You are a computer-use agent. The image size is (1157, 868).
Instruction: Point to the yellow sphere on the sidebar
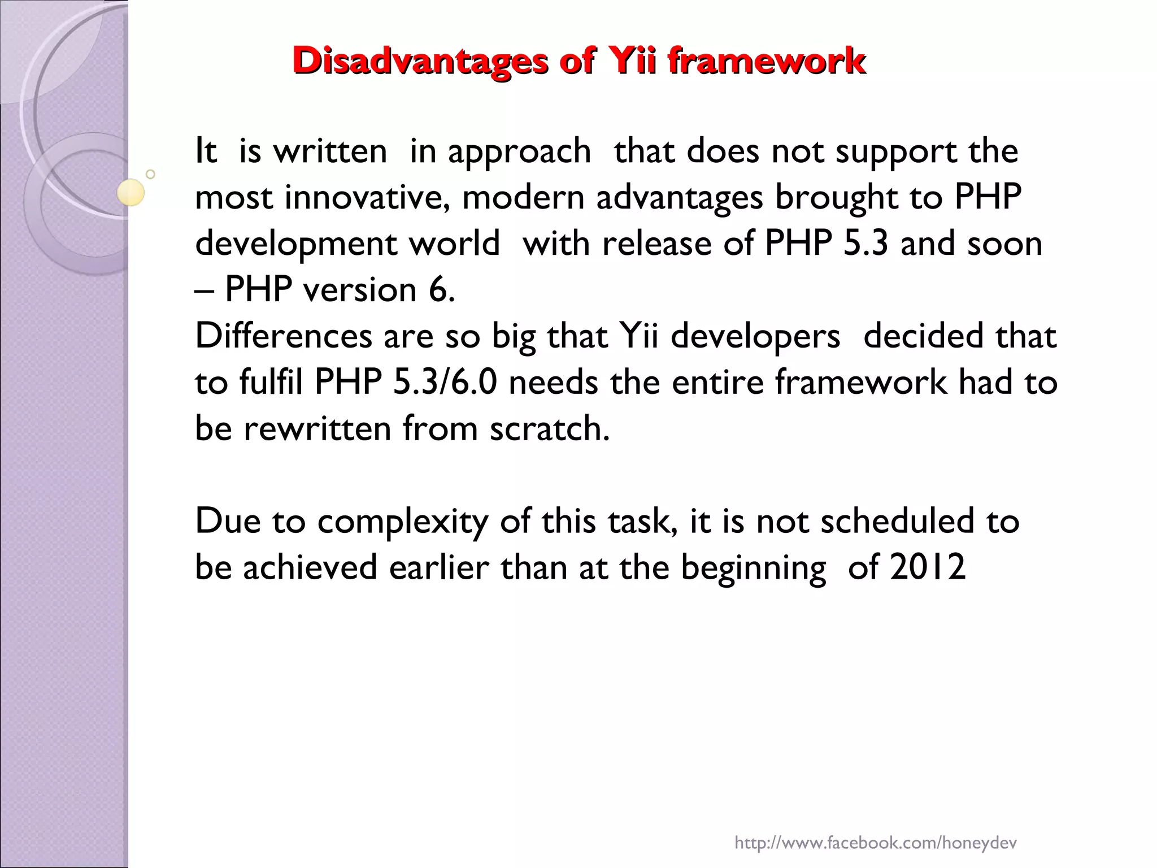(x=131, y=192)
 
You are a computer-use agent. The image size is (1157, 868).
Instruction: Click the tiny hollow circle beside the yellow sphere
(x=150, y=174)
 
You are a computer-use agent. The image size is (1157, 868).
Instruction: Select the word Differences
(x=283, y=336)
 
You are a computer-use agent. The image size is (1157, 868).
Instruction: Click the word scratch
(x=549, y=428)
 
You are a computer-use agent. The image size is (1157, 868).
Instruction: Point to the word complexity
(x=402, y=521)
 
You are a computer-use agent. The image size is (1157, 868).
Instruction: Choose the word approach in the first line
(x=519, y=151)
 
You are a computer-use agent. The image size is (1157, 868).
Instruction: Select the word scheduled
(x=897, y=521)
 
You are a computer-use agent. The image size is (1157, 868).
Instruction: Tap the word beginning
(x=753, y=568)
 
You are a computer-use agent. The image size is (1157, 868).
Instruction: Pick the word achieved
(x=310, y=567)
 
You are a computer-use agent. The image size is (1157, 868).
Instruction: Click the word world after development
(x=454, y=244)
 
